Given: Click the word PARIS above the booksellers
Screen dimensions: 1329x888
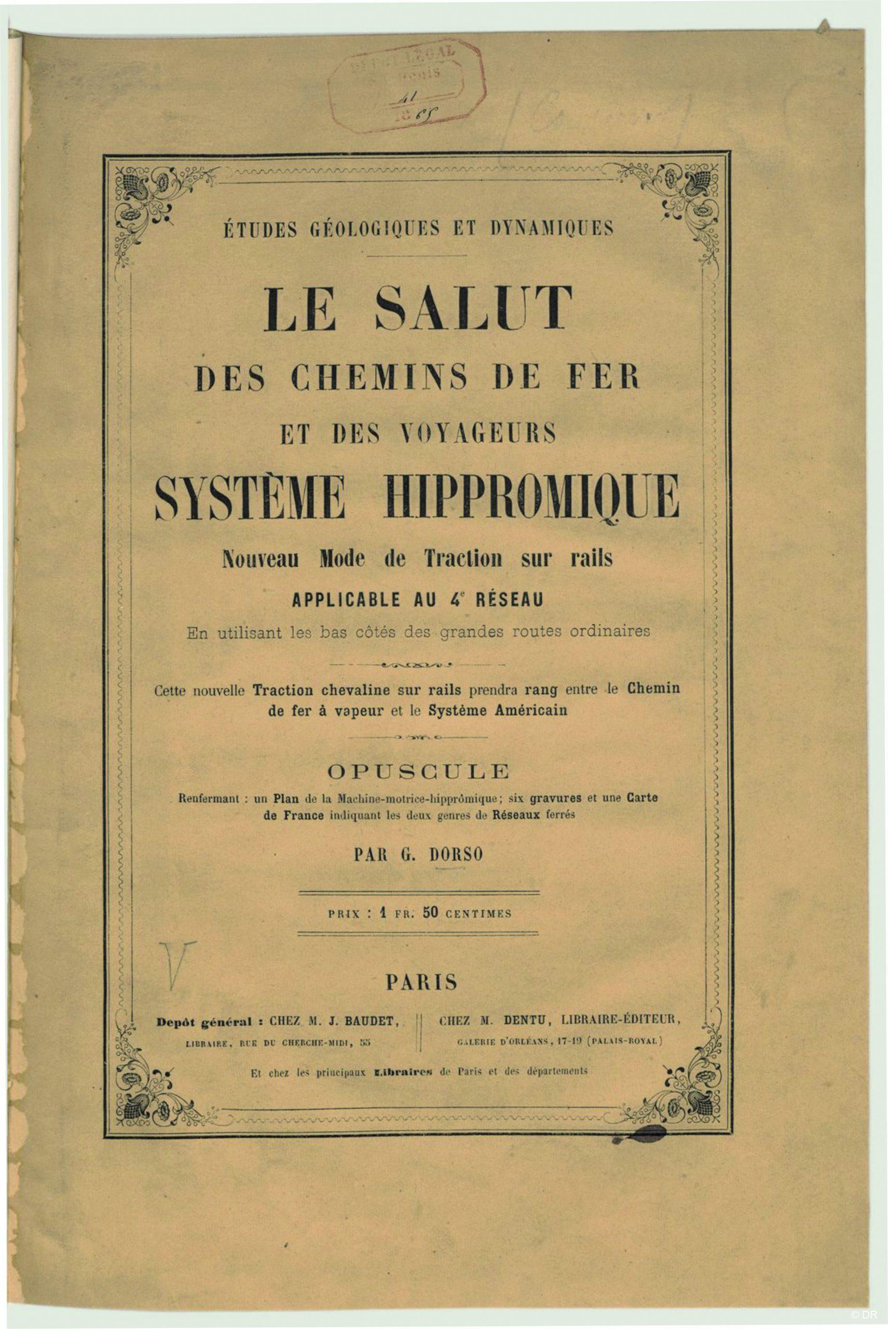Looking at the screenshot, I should pyautogui.click(x=421, y=982).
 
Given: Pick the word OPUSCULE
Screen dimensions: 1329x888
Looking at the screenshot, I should pyautogui.click(x=421, y=771).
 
